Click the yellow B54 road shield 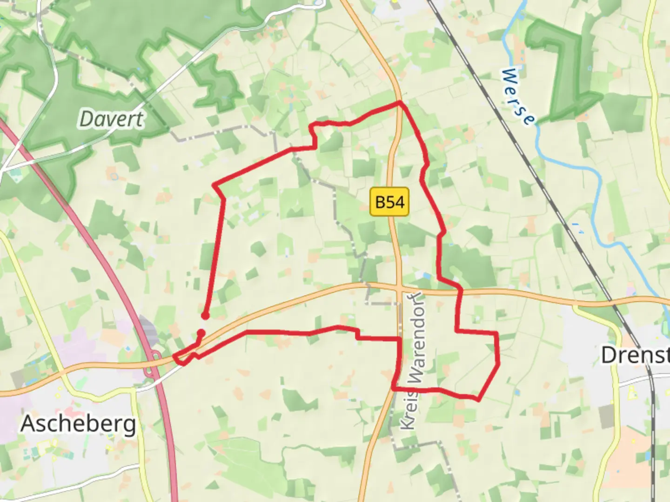(x=389, y=202)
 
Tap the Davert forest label (x=112, y=119)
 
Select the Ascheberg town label (x=79, y=424)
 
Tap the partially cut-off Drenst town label (x=635, y=355)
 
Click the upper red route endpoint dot (x=205, y=316)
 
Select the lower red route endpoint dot (x=201, y=333)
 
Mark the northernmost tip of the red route (x=399, y=102)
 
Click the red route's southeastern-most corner (x=478, y=399)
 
